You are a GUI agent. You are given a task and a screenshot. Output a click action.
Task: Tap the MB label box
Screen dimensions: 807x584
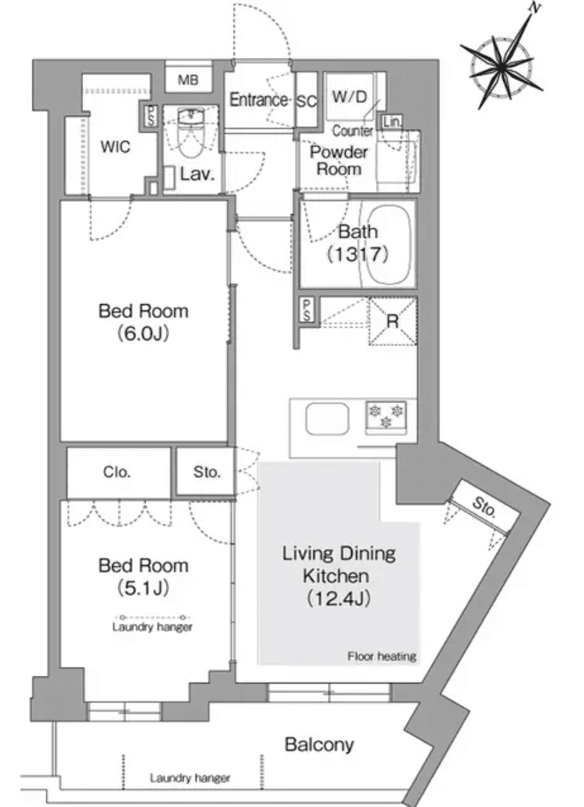[x=187, y=80]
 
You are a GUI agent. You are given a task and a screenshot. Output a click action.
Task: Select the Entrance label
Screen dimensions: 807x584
[x=258, y=100]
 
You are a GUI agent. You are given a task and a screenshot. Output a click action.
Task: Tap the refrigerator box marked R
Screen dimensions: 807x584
[x=392, y=322]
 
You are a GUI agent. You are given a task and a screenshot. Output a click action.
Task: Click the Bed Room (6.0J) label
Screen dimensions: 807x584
[x=143, y=322]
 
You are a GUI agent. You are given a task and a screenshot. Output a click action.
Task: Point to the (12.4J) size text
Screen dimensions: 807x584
[x=338, y=598]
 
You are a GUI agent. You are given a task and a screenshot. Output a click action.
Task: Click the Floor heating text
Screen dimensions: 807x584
[x=381, y=656]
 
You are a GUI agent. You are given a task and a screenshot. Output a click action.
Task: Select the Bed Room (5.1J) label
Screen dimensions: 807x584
[x=143, y=575]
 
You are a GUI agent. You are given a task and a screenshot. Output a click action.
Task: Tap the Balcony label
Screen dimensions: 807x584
[x=319, y=745]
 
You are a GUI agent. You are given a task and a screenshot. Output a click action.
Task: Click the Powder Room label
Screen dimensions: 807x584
[x=338, y=160]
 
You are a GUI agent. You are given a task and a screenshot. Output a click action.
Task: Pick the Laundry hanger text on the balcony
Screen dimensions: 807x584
[x=190, y=777]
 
